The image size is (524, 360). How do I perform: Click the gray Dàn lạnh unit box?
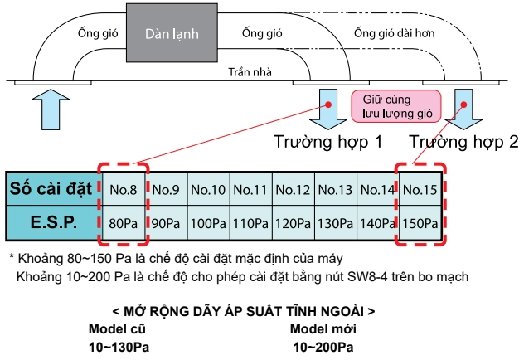[x=172, y=32]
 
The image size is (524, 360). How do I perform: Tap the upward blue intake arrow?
[x=51, y=109]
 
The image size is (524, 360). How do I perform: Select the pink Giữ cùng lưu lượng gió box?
[x=396, y=106]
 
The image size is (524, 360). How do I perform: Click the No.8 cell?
[x=124, y=189]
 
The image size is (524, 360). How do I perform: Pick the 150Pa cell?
[x=420, y=223]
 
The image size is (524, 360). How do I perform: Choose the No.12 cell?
[x=293, y=189]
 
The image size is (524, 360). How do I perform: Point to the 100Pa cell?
[x=208, y=223]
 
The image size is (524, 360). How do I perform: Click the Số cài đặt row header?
[x=51, y=189]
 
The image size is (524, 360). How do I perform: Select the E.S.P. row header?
[x=53, y=222]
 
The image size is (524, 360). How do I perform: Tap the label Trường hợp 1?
[x=327, y=142]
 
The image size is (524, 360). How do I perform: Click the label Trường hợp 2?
[x=463, y=142]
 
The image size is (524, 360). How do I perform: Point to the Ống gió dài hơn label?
[x=395, y=33]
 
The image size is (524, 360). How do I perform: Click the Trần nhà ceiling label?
[x=250, y=72]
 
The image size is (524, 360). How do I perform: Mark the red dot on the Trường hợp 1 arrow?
[x=328, y=105]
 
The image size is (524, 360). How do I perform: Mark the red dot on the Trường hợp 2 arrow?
[x=463, y=105]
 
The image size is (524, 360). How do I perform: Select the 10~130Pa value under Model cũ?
[x=119, y=347]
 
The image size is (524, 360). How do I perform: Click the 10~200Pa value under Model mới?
[x=323, y=347]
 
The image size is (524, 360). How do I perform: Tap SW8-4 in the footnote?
[x=367, y=276]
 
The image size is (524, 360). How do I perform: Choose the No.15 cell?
[x=420, y=189]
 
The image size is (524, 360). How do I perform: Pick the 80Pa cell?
[x=124, y=223]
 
